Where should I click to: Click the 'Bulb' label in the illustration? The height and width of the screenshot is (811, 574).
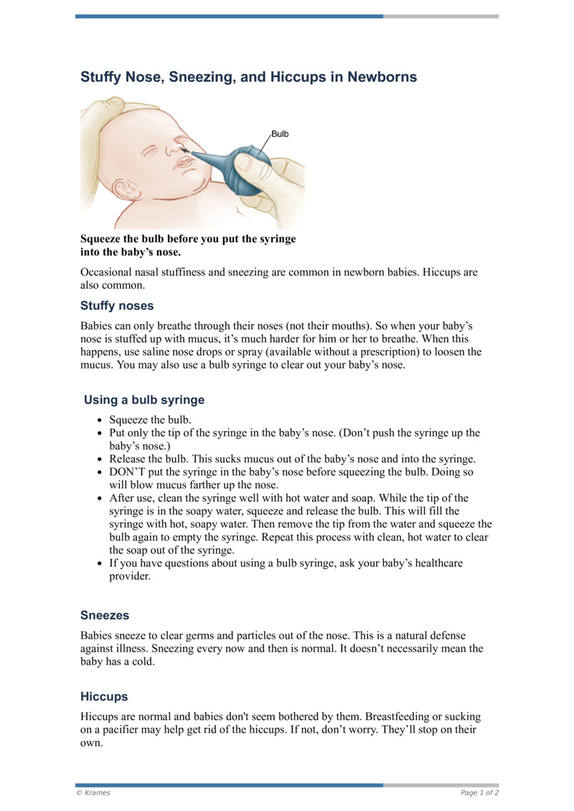coord(280,134)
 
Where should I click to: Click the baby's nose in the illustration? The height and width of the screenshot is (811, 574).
coord(175,147)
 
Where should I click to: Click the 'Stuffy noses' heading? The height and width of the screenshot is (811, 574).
coord(117,305)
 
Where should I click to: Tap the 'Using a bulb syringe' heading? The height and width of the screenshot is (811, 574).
coord(144,400)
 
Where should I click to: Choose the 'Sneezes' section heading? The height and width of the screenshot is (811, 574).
coord(105,615)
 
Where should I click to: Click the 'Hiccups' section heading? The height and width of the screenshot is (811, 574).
coord(104,696)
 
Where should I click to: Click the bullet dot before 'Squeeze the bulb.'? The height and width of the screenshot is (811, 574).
coord(99,420)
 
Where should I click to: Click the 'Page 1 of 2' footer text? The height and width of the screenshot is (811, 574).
coord(479,792)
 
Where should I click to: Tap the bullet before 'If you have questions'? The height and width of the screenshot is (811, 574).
coord(99,564)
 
